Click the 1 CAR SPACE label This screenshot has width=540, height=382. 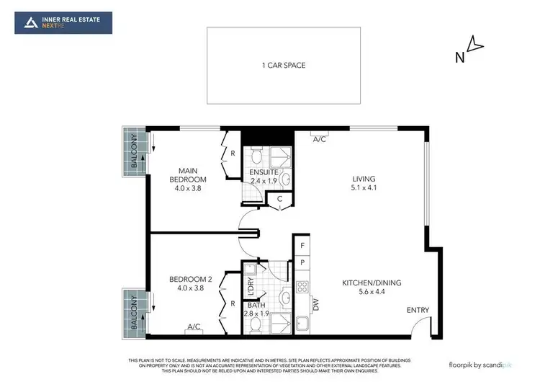pyautogui.click(x=284, y=66)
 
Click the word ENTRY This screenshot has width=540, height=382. pyautogui.click(x=418, y=311)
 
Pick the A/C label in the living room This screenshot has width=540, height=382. pyautogui.click(x=320, y=139)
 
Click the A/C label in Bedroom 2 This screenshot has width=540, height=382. pyautogui.click(x=194, y=327)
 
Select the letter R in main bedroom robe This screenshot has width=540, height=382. pyautogui.click(x=233, y=154)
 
